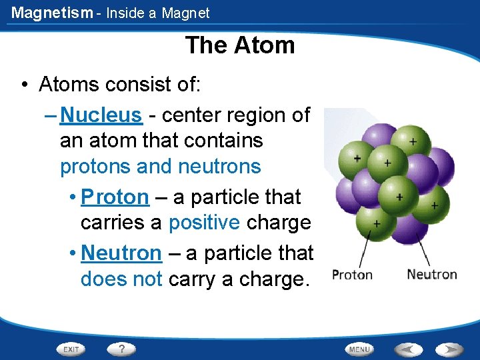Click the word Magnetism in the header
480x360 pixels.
pos(52,13)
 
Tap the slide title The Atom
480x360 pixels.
pos(240,45)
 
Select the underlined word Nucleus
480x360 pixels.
pos(101,115)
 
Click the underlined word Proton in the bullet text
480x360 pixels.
pos(115,197)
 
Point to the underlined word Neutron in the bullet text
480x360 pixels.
pos(121,253)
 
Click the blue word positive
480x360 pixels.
pos(204,223)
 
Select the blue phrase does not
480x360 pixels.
pos(121,279)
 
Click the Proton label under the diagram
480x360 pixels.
pos(352,275)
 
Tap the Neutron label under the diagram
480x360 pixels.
pos(431,274)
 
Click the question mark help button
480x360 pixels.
pos(122,349)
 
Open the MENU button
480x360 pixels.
pos(359,349)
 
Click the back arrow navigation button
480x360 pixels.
pos(407,349)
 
